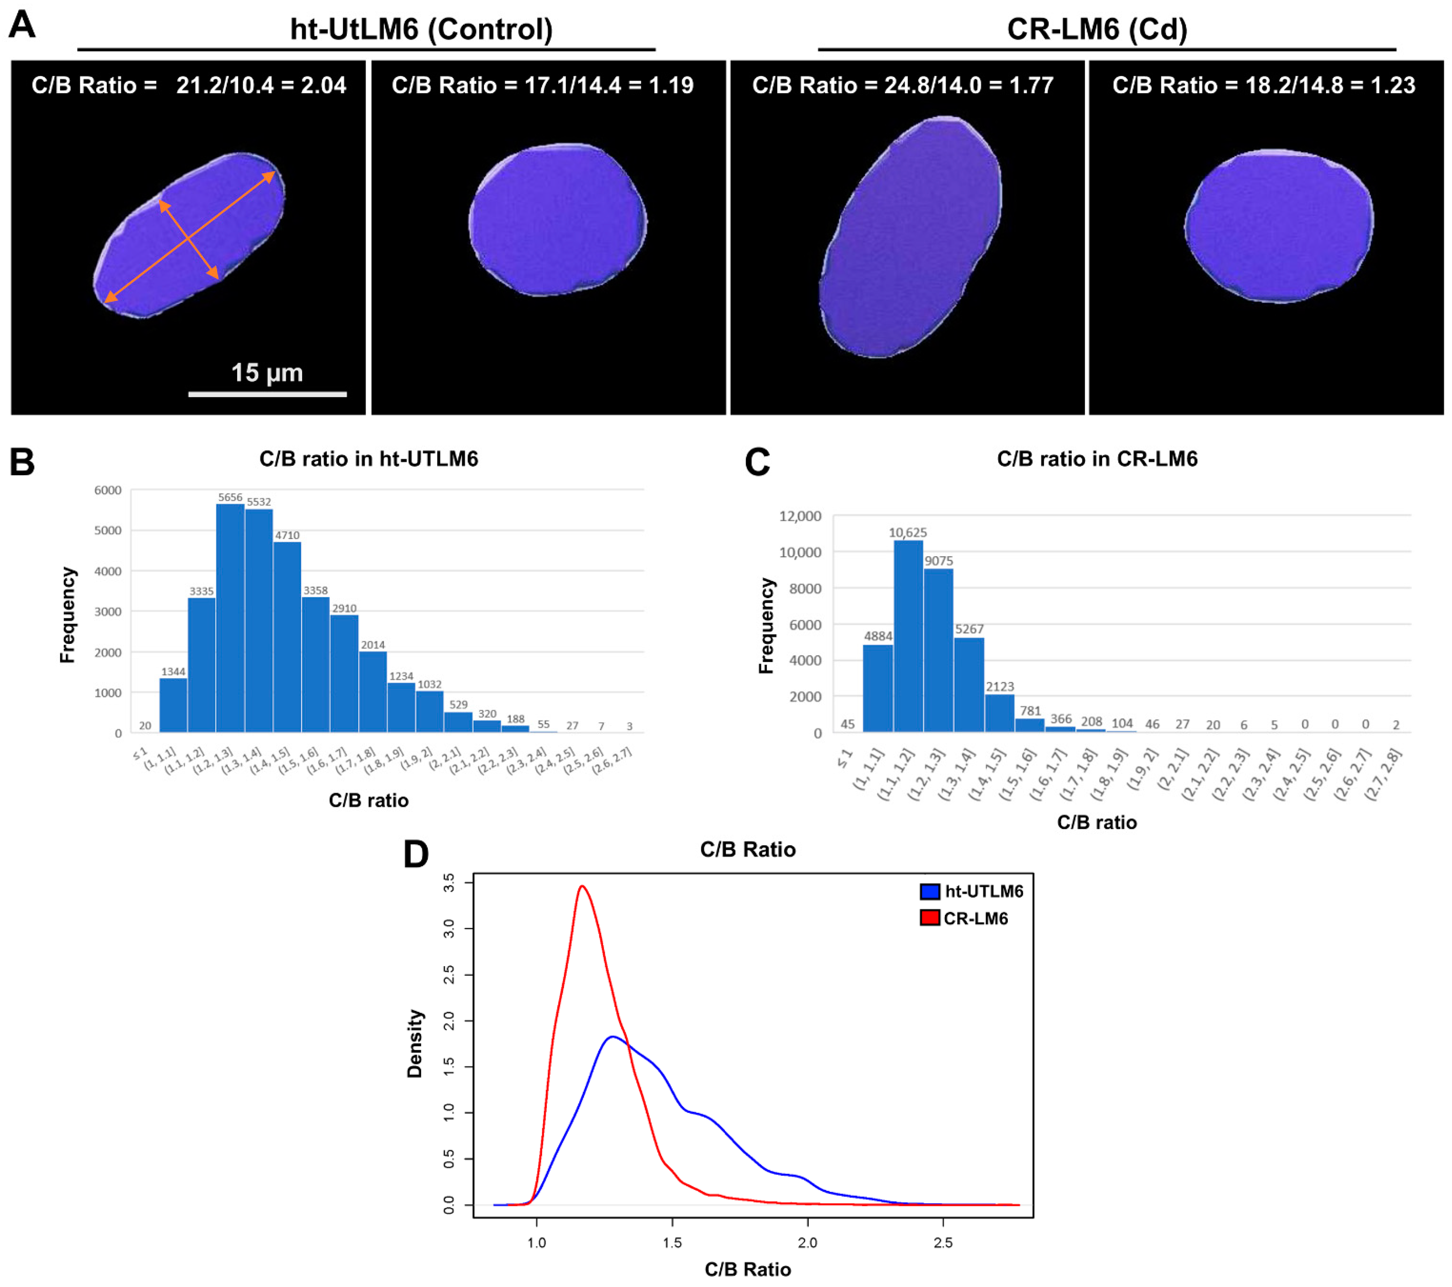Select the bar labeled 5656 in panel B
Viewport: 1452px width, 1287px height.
230,618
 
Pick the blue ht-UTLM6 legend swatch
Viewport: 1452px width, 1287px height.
929,891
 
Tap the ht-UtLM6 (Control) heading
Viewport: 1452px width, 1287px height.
421,29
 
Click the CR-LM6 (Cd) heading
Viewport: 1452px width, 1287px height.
1097,29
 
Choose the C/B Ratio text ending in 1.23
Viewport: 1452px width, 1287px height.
1264,85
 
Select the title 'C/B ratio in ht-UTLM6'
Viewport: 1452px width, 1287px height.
369,459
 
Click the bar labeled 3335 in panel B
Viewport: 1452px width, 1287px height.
202,665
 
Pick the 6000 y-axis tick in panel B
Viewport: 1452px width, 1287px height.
108,490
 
